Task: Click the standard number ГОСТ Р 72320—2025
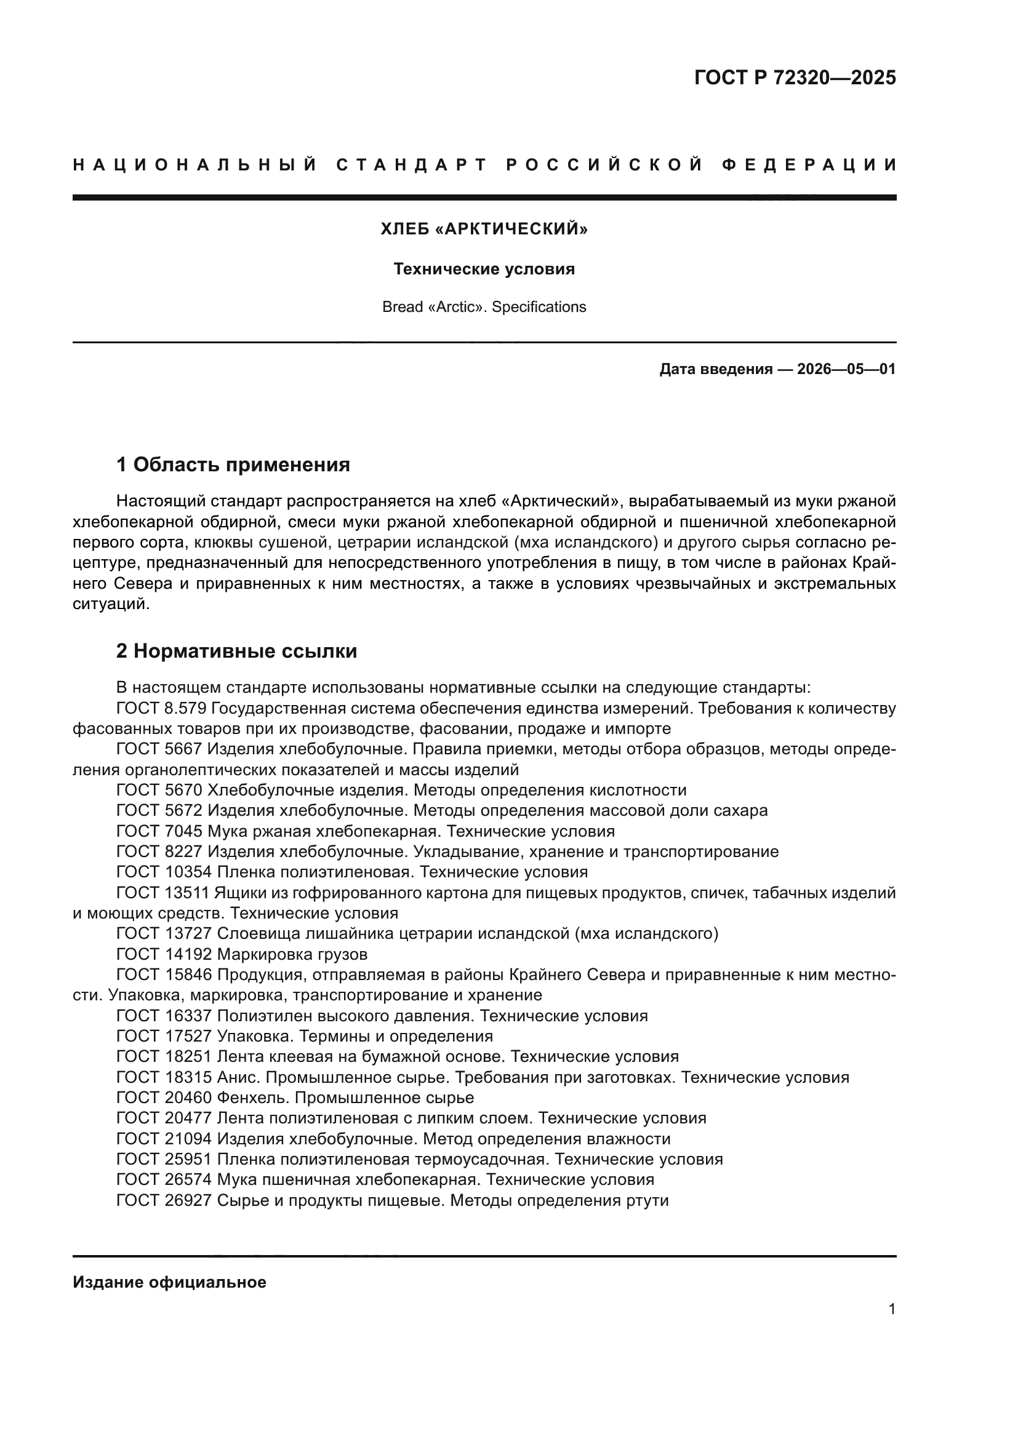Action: (795, 78)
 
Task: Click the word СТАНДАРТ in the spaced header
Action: (412, 165)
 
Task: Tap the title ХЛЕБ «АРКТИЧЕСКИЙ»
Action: (484, 229)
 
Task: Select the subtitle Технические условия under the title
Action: (484, 269)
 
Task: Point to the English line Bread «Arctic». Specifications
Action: (484, 307)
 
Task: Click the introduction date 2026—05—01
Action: (846, 369)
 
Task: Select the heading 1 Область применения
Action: (233, 464)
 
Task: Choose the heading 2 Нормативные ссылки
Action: (236, 651)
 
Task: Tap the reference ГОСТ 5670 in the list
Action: (159, 791)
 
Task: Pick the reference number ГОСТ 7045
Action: (159, 832)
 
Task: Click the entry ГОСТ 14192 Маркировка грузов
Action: (242, 955)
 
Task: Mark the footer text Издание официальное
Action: (169, 1282)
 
